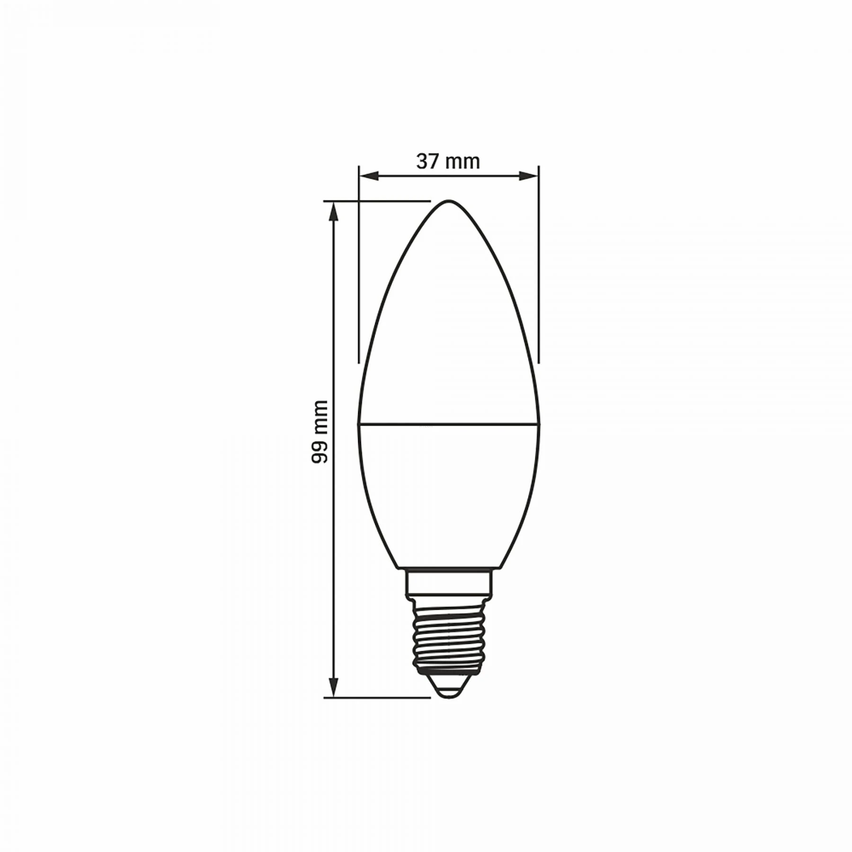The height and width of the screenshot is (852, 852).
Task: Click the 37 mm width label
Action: pyautogui.click(x=448, y=162)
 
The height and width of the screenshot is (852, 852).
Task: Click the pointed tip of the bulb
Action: pyautogui.click(x=449, y=201)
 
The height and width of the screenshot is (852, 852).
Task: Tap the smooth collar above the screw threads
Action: pyautogui.click(x=449, y=582)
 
